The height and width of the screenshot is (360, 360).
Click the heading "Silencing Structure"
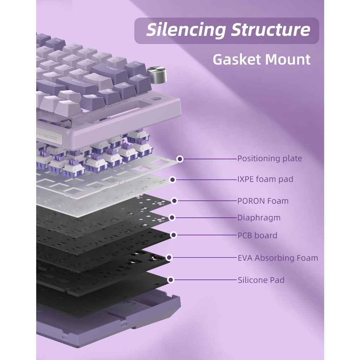coord(228,30)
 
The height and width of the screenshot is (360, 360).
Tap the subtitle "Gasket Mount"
coord(262,59)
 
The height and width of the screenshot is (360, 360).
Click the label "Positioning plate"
coord(269,159)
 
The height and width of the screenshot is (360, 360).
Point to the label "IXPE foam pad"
coord(265,179)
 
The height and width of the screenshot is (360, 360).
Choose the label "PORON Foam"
coord(263,201)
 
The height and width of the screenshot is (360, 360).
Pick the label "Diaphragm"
coord(259,218)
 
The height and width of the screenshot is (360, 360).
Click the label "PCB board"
coord(257,235)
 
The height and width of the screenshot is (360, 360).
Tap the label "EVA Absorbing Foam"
coord(278,258)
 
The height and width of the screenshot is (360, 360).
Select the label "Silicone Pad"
coord(261,280)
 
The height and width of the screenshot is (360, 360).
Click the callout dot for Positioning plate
coord(180,159)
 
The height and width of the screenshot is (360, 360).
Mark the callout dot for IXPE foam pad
coord(172,180)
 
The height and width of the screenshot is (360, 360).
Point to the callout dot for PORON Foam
coord(174,201)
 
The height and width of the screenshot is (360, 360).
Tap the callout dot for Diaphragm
coord(172,218)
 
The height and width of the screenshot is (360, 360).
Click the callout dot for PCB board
coord(173,235)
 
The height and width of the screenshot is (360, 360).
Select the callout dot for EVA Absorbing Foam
coord(169,258)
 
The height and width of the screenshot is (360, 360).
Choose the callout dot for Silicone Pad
coord(171,280)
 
